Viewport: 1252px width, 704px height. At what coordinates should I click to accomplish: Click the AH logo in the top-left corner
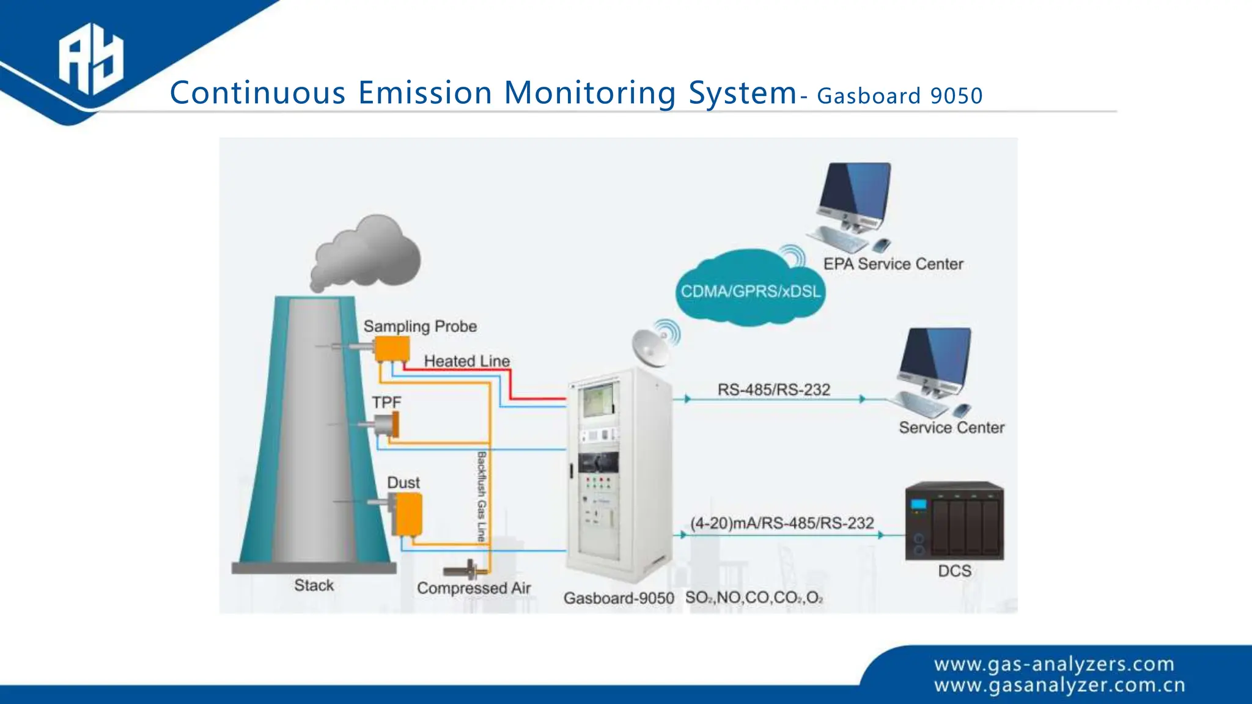tap(91, 59)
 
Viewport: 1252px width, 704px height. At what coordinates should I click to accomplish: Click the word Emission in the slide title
tap(425, 93)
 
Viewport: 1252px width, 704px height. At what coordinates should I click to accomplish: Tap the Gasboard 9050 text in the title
tap(899, 96)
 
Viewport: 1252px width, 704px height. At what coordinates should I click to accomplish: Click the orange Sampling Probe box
tap(392, 348)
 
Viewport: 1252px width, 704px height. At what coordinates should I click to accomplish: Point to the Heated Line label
tap(466, 361)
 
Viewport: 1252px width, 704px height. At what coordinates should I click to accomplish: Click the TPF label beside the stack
tap(386, 403)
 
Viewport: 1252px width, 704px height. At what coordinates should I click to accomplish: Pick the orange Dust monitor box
tap(407, 513)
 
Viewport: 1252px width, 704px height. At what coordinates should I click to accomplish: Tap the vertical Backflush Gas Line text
tap(482, 496)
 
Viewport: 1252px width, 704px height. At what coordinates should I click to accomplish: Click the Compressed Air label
tap(474, 588)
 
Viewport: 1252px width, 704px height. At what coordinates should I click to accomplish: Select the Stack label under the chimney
tap(314, 585)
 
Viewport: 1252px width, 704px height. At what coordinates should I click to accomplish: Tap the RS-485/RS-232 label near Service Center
tap(773, 389)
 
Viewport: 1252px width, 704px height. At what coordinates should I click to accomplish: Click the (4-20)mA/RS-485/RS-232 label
tap(782, 523)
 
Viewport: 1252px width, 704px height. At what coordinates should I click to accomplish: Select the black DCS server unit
tap(954, 521)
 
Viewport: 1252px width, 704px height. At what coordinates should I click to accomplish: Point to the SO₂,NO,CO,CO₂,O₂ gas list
tap(754, 598)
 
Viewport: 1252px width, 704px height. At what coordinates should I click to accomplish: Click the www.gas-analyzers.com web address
tap(1054, 664)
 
